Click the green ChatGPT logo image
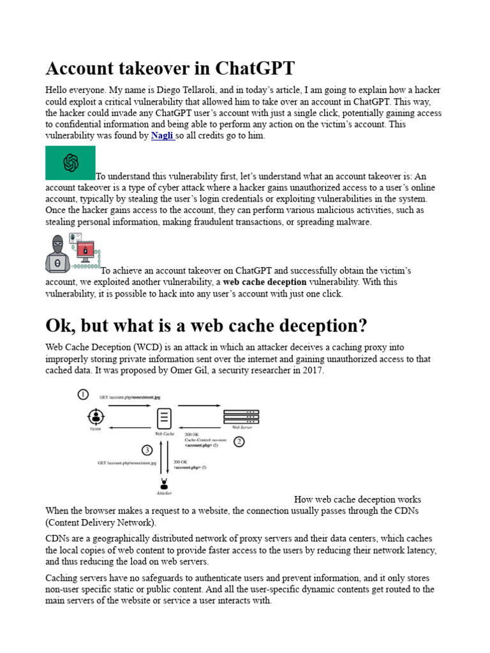coord(70,163)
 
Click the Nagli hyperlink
coord(162,136)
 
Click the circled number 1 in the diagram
coord(83,395)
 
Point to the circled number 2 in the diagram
coord(239,441)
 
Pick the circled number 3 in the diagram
coord(147,450)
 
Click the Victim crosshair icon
coord(96,417)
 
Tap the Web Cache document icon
coord(164,418)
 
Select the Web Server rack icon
coord(241,416)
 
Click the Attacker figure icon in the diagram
coord(164,485)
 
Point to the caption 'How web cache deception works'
coord(357,499)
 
